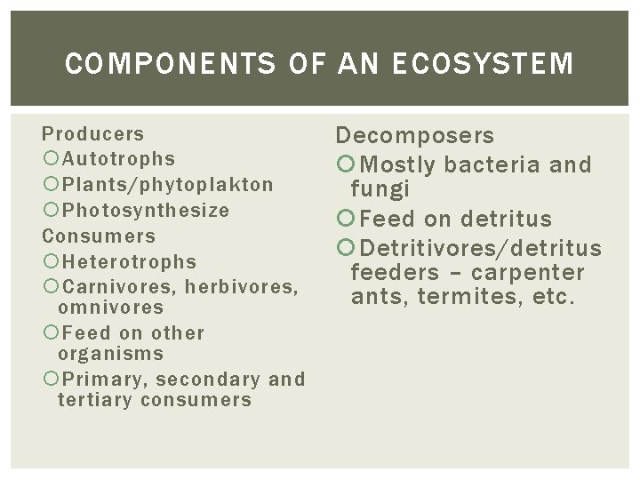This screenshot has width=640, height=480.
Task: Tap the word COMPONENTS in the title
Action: (x=142, y=64)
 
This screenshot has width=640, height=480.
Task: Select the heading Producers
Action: (x=93, y=134)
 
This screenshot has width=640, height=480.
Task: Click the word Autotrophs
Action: (x=118, y=159)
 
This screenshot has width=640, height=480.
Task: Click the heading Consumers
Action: (x=99, y=236)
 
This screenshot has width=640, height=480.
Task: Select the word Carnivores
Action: (x=105, y=287)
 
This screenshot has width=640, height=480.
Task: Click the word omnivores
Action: (x=110, y=308)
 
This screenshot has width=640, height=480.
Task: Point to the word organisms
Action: (x=110, y=354)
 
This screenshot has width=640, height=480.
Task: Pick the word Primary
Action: (x=97, y=380)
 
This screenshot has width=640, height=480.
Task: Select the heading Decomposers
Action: (x=415, y=136)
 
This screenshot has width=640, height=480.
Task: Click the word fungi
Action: (x=380, y=188)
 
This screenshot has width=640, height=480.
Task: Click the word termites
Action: (x=462, y=296)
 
